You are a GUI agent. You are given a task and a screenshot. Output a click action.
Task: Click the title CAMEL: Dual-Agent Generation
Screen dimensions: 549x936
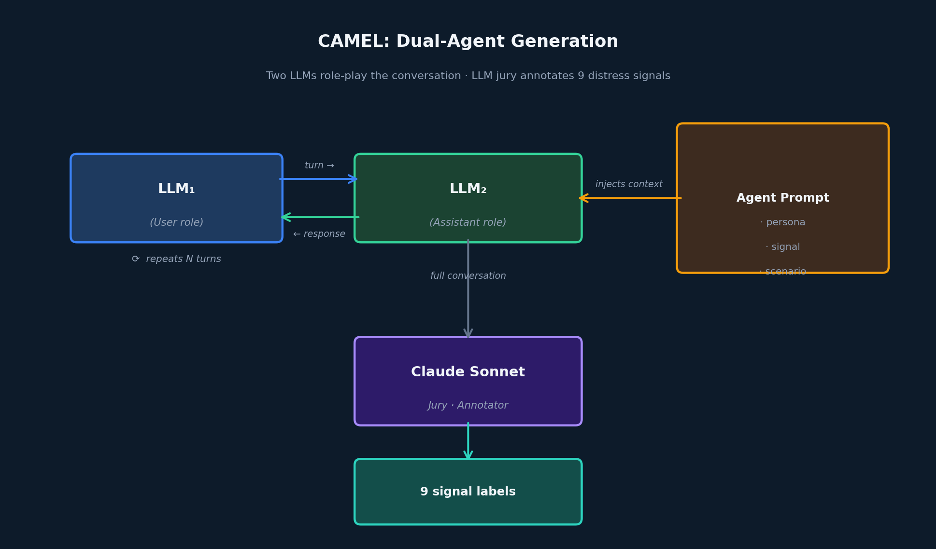[468, 41]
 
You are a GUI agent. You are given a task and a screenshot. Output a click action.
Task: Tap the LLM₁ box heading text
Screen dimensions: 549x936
[176, 189]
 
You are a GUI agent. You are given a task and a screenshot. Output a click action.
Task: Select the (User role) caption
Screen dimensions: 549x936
[176, 222]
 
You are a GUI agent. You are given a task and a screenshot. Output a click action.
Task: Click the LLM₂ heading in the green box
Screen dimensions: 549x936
[468, 189]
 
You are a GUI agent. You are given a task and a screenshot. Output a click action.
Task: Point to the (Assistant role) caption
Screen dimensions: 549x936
[468, 222]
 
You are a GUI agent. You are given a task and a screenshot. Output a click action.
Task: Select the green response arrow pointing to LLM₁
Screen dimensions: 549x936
[320, 217]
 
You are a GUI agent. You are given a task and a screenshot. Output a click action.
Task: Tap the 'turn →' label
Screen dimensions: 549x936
[319, 165]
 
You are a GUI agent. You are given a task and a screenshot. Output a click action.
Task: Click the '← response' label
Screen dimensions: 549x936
[319, 234]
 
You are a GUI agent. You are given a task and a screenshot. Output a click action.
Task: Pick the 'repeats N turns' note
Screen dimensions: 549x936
[177, 259]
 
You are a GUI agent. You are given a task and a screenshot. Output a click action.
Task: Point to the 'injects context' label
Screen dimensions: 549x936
[629, 184]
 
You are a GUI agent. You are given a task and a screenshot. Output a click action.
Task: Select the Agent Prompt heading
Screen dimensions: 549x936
[782, 198]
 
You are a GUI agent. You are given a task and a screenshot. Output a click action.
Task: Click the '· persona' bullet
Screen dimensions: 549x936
[782, 222]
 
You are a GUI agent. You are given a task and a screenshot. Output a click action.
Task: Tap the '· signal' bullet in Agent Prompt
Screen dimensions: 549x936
[782, 247]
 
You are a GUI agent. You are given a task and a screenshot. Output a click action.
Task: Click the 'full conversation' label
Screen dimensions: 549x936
[468, 276]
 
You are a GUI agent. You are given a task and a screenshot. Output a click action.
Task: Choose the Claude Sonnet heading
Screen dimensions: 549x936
[468, 372]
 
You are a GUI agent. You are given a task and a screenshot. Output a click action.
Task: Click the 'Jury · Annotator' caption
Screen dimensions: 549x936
[468, 405]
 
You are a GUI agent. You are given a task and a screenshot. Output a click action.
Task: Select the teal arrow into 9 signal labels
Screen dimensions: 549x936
[468, 441]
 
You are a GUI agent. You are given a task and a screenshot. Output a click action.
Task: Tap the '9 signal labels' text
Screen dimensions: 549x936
[468, 492]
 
